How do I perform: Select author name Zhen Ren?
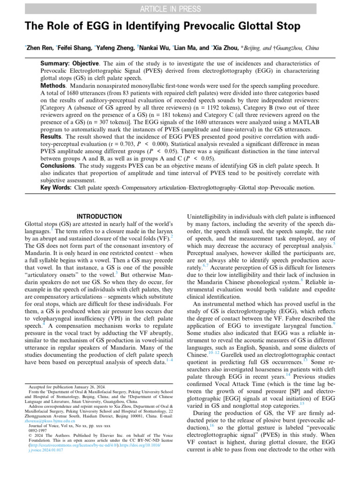39,48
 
